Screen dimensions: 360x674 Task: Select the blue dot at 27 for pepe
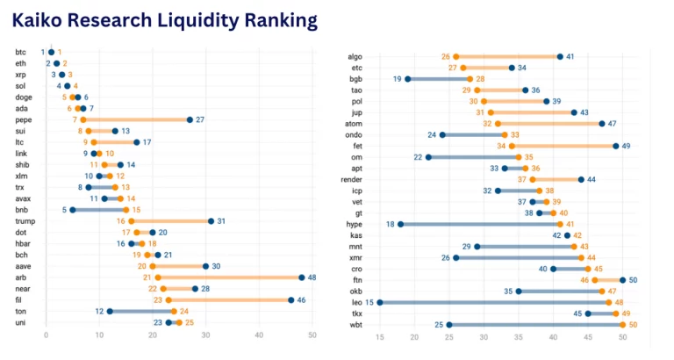click(190, 119)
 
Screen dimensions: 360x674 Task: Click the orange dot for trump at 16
click(132, 221)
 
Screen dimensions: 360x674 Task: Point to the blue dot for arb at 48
click(302, 277)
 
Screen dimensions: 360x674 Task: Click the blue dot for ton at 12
click(110, 312)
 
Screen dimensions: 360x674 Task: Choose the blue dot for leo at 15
click(379, 302)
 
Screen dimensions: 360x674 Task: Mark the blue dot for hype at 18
click(401, 224)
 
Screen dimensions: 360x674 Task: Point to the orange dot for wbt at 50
click(623, 325)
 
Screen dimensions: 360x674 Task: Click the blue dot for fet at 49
click(616, 146)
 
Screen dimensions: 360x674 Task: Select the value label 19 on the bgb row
click(397, 79)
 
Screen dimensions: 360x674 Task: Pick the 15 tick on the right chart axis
click(379, 337)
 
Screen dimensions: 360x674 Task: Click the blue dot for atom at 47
click(602, 124)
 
